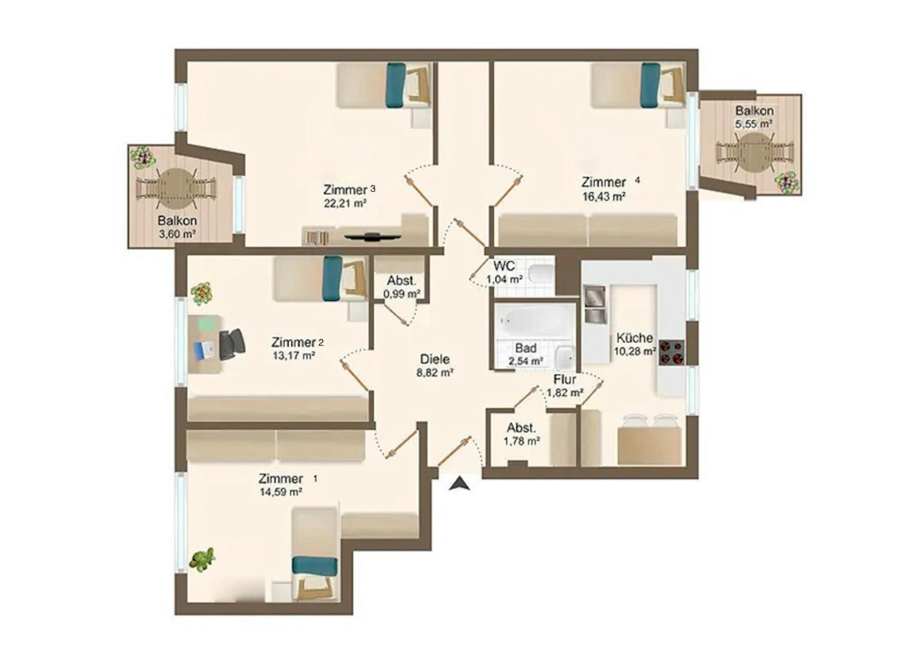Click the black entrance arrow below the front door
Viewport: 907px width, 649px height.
tap(459, 484)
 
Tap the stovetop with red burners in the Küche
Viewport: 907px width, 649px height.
tap(671, 352)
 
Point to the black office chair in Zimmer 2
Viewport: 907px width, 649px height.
tap(232, 344)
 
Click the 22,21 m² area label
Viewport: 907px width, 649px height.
tap(345, 203)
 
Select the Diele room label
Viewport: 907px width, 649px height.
tap(434, 359)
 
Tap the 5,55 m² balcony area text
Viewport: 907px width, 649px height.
tap(754, 124)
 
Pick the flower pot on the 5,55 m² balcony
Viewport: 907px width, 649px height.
tap(787, 182)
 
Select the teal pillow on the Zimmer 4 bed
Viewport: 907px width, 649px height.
tap(650, 85)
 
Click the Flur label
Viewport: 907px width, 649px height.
tap(565, 379)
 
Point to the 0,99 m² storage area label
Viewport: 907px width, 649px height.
tap(402, 294)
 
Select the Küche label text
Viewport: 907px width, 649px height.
tap(635, 338)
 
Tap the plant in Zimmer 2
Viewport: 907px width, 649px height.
tap(202, 294)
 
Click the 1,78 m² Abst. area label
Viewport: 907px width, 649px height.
tap(521, 441)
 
